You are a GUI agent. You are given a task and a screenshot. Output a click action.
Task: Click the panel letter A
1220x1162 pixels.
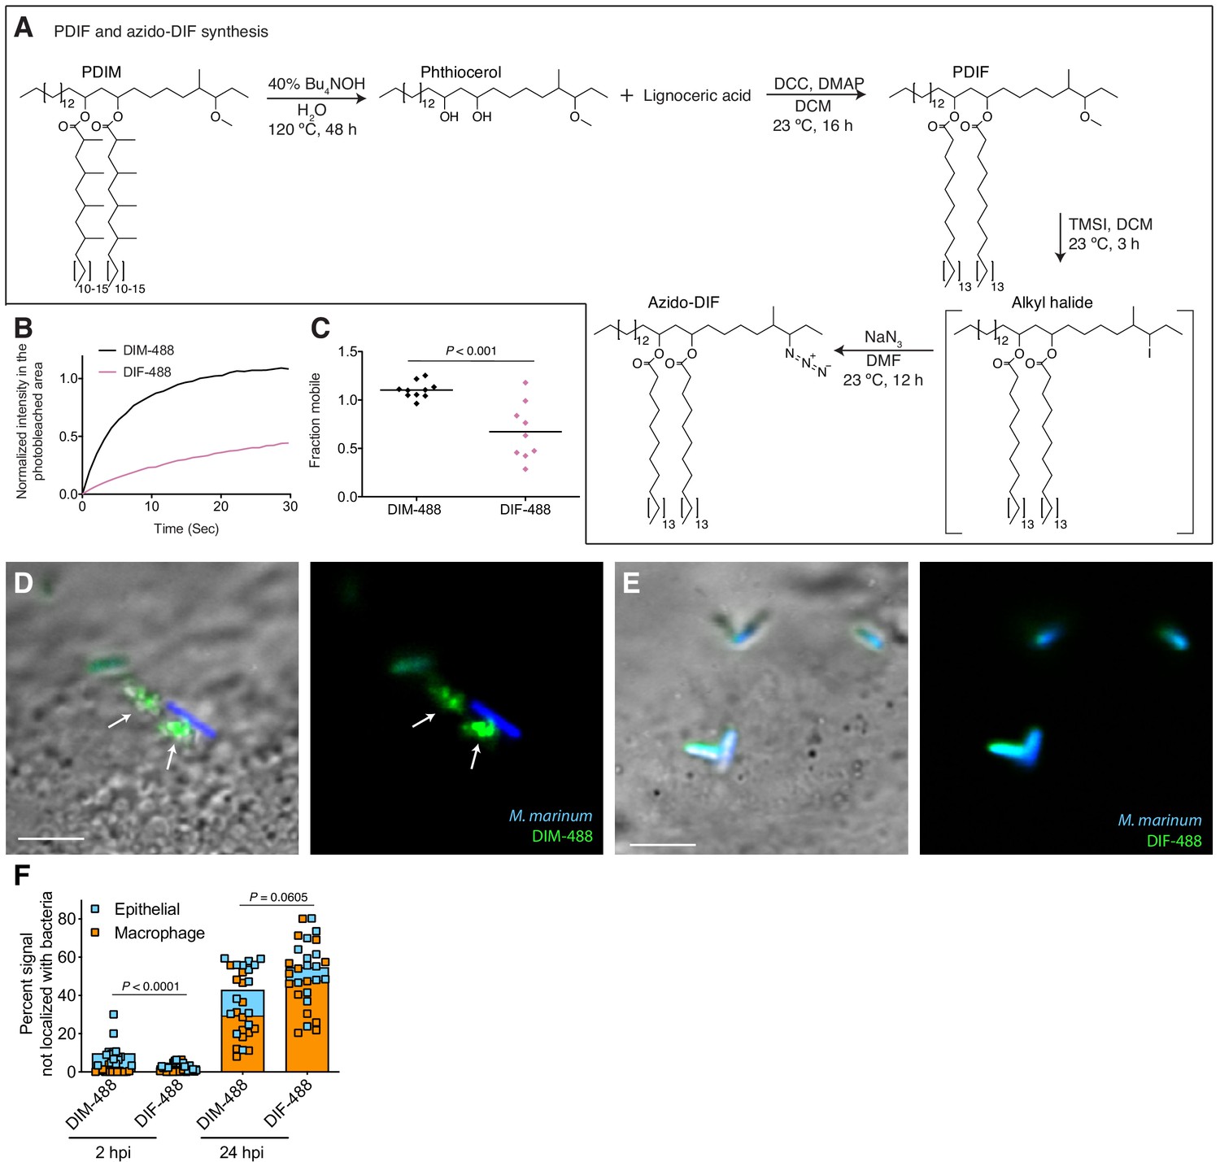pos(24,28)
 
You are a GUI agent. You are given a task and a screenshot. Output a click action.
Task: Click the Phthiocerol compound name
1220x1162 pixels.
pos(460,72)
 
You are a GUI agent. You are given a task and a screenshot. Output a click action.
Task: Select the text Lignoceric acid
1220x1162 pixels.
pos(697,95)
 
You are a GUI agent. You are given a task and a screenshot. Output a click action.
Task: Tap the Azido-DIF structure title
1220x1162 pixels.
pos(683,302)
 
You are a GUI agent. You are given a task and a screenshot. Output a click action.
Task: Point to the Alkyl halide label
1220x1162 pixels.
pos(1052,302)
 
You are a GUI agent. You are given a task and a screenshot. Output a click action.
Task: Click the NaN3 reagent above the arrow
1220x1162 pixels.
pos(883,338)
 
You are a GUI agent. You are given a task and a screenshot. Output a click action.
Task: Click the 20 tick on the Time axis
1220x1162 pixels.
pos(221,507)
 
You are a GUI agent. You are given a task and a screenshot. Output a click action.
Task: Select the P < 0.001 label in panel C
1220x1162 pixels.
pos(471,351)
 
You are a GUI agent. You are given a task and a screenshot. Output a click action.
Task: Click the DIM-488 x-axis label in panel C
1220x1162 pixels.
pos(414,510)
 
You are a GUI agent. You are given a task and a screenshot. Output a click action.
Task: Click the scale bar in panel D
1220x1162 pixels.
pos(51,839)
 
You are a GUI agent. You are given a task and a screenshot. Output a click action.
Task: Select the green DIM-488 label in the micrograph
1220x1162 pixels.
pos(562,836)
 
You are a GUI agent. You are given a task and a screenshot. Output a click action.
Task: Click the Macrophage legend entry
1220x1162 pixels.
pos(148,934)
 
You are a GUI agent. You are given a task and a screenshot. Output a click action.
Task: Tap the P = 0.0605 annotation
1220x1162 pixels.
pos(278,897)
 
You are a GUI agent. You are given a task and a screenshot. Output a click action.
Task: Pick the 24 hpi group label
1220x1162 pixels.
pos(242,1153)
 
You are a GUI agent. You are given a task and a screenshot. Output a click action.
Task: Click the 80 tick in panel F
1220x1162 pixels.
pos(67,919)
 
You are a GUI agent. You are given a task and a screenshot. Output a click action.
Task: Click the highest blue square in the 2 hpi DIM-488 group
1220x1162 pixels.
pos(114,1014)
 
